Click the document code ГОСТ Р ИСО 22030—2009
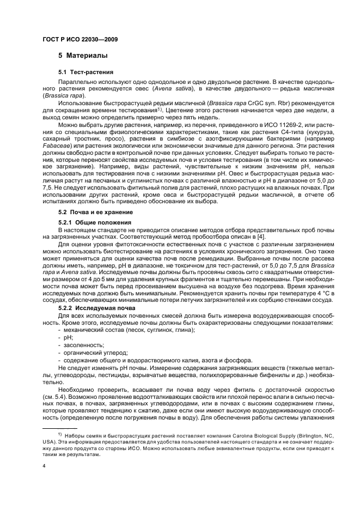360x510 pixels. click(80, 40)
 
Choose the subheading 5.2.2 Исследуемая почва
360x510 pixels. click(96, 308)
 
